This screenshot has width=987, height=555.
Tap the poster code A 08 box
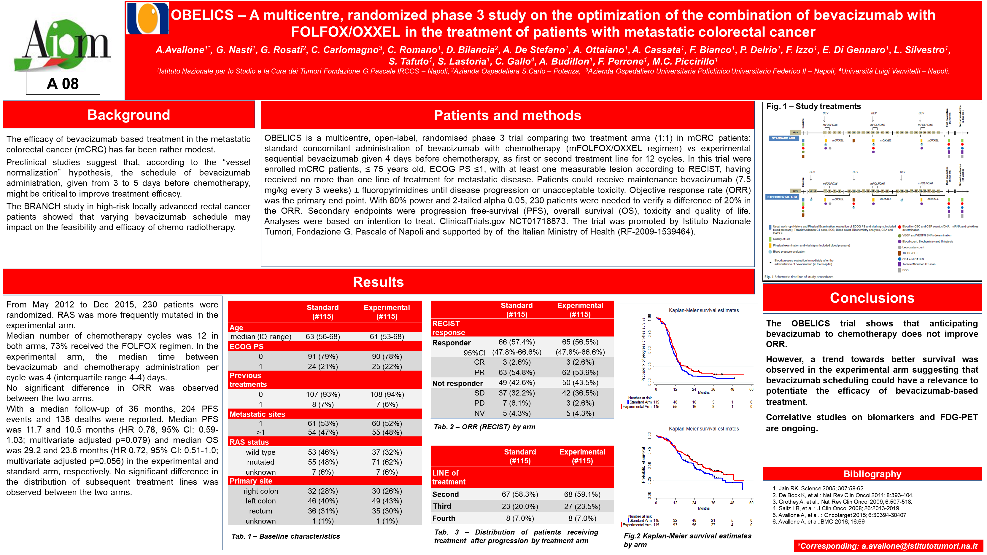(x=63, y=84)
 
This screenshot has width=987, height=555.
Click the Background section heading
(x=129, y=115)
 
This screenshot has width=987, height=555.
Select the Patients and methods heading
(x=507, y=115)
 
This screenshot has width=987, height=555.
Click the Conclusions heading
(x=872, y=298)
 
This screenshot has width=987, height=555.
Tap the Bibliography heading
(x=872, y=474)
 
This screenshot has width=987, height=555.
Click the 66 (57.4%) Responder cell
(x=516, y=342)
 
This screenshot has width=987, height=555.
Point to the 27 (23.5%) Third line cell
(x=582, y=506)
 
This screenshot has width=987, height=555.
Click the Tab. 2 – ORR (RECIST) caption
(x=484, y=427)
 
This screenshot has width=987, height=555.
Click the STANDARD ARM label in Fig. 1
(x=783, y=138)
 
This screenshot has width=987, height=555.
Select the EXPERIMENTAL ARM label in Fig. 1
(x=782, y=197)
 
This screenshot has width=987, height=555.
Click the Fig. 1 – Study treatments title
(x=813, y=106)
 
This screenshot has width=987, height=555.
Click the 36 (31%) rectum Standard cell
(x=322, y=511)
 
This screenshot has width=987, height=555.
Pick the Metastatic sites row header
(x=257, y=414)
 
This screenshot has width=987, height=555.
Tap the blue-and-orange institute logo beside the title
(x=147, y=18)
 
